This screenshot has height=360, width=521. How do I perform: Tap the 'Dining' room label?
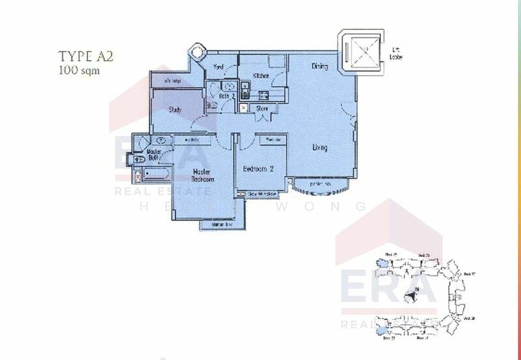pos(319,66)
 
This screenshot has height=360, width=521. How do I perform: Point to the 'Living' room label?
pos(319,148)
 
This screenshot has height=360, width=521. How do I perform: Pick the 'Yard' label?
pos(220,66)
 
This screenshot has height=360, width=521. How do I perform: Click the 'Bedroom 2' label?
pos(258,169)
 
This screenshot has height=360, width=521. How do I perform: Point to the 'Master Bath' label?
pos(154,155)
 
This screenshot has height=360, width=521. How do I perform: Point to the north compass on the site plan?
pos(410,297)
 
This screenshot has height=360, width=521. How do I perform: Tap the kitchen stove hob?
pos(245,88)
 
